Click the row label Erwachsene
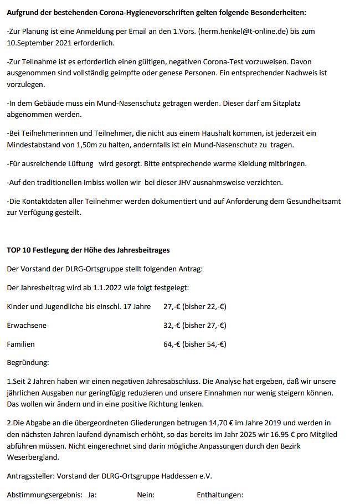(27, 325)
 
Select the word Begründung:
(28, 363)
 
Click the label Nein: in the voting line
(146, 495)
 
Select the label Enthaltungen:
(220, 495)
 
